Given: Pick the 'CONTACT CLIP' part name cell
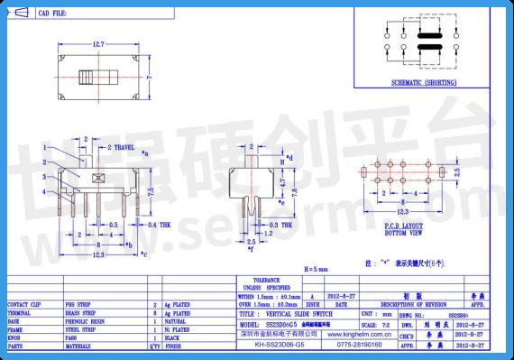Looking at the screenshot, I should click(x=29, y=305).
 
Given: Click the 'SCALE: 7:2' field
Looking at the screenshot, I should click(x=374, y=322).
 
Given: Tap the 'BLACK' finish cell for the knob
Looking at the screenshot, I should click(x=177, y=337).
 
